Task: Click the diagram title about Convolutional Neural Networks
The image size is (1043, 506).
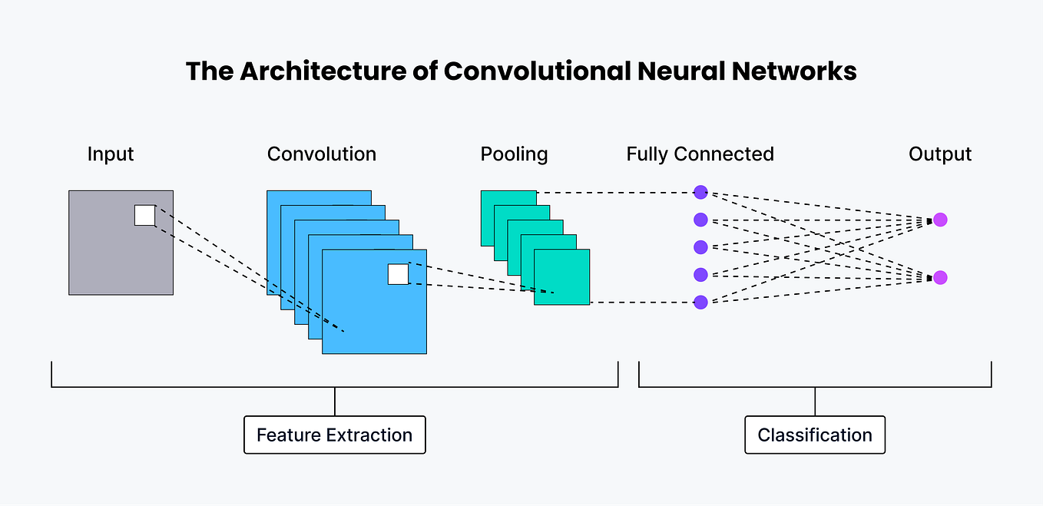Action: coord(521,71)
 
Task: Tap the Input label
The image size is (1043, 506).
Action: coord(111,154)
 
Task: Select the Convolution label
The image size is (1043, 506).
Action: coord(322,154)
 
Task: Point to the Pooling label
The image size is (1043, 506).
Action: coord(514,154)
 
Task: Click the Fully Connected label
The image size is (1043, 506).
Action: coord(700,154)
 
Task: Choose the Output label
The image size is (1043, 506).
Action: coord(940,154)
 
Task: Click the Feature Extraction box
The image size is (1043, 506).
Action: coord(334,435)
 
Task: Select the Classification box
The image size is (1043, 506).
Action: coord(815,435)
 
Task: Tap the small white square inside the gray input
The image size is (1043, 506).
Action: coord(144,215)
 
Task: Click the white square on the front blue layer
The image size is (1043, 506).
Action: coord(398,274)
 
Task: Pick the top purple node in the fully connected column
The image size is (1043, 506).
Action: coord(700,192)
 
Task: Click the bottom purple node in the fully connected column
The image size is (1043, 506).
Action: coord(700,302)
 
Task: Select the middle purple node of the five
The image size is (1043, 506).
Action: coord(700,247)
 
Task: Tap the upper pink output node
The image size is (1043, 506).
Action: coord(940,220)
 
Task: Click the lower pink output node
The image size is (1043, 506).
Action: coord(940,277)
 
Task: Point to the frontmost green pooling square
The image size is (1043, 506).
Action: coord(562,277)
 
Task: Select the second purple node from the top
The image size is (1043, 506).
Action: coord(700,220)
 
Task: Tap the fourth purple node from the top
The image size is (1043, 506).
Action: coord(700,274)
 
